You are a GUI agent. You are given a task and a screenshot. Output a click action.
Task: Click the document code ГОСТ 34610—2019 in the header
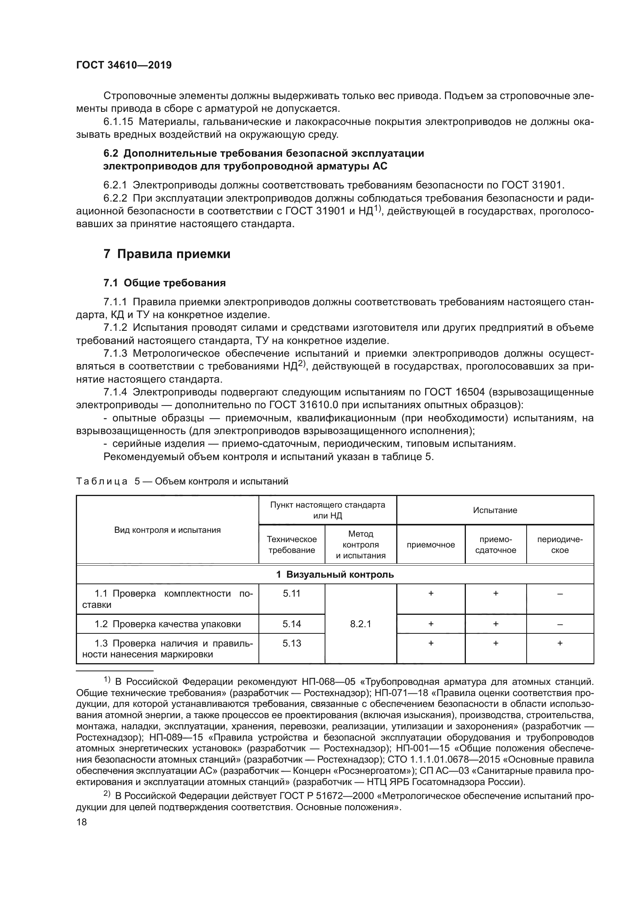(x=124, y=65)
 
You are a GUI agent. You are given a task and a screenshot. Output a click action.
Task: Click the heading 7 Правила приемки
(x=167, y=254)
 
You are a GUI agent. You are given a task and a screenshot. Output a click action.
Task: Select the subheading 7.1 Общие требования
(x=164, y=282)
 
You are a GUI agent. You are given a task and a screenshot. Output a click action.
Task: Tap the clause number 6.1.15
(x=118, y=122)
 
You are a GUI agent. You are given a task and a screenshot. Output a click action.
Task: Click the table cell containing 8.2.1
(x=360, y=624)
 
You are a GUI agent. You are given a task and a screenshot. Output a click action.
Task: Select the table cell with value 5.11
(x=292, y=594)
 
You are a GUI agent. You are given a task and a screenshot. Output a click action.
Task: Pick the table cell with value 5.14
(x=292, y=624)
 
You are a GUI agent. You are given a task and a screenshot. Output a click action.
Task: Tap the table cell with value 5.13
(x=292, y=643)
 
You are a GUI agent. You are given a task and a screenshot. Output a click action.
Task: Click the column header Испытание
(x=495, y=510)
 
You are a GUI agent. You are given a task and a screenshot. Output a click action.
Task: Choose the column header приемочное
(x=430, y=545)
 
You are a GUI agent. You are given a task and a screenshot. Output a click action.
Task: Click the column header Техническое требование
(x=292, y=544)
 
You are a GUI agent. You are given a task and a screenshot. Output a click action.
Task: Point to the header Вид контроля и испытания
(x=168, y=530)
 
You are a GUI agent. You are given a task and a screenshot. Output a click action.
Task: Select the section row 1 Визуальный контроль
(x=335, y=574)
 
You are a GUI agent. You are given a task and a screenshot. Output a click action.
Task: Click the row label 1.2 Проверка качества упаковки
(x=168, y=624)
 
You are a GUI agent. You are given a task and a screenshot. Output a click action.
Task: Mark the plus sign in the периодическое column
(x=560, y=643)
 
